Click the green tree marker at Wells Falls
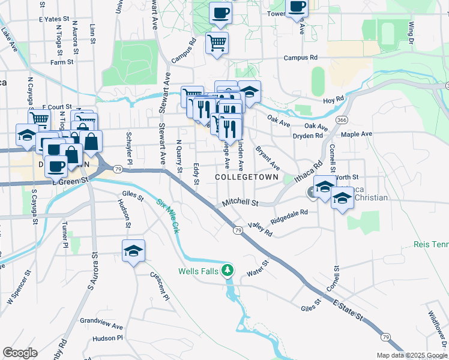227,271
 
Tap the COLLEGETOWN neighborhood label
247,178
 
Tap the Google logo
20,353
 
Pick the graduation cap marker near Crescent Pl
133,251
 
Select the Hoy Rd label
334,100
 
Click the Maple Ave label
357,134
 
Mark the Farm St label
62,62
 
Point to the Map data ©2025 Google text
411,355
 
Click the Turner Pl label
64,235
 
